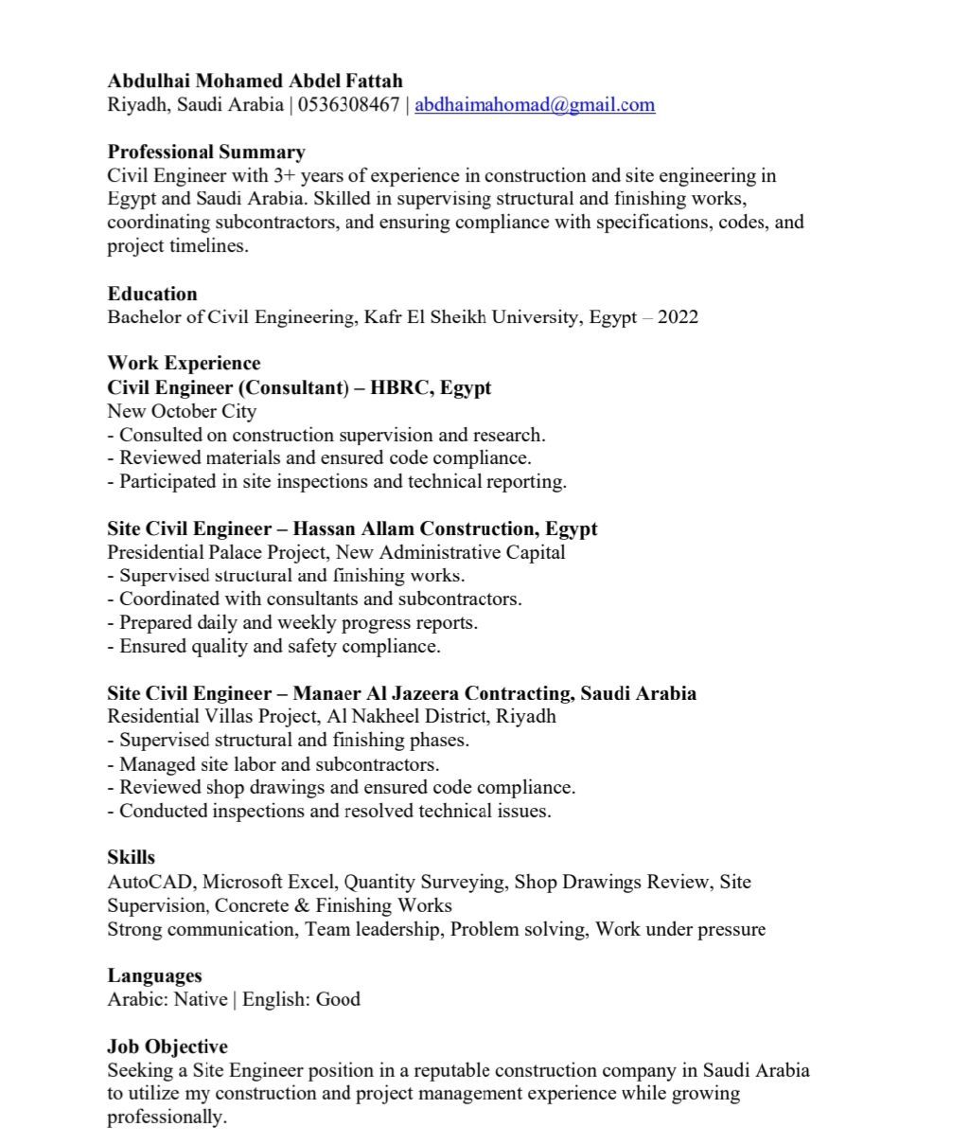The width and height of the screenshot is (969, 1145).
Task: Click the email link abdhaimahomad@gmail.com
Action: pos(535,105)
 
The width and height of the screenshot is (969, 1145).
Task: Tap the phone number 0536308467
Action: pos(348,105)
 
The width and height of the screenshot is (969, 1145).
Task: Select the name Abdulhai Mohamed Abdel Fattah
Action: pos(255,81)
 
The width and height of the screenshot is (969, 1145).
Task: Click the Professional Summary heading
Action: pos(206,152)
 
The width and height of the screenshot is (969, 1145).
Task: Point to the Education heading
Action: pos(152,294)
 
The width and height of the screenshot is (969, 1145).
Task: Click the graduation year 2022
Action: pos(678,317)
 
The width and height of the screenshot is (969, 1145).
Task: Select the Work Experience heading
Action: pos(184,364)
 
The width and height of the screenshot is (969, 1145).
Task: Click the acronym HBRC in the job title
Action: pos(399,388)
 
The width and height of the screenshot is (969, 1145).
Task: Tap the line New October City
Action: pos(182,411)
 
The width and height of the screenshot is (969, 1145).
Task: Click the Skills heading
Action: pos(132,858)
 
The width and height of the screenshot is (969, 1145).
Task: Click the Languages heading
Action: pos(154,975)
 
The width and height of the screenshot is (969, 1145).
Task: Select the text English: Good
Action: pos(301,999)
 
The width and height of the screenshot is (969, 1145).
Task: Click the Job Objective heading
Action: pos(167,1047)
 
